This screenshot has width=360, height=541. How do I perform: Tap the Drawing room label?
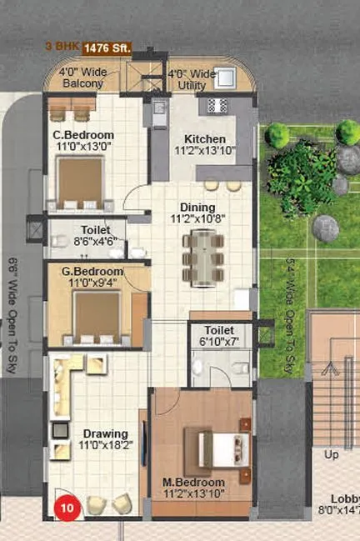click(x=104, y=433)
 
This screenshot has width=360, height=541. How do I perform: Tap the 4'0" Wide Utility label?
click(x=193, y=78)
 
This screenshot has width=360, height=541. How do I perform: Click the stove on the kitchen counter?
click(x=217, y=105)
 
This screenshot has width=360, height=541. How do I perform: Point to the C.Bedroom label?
click(x=83, y=135)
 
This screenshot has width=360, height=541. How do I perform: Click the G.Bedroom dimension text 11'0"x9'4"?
click(x=86, y=283)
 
